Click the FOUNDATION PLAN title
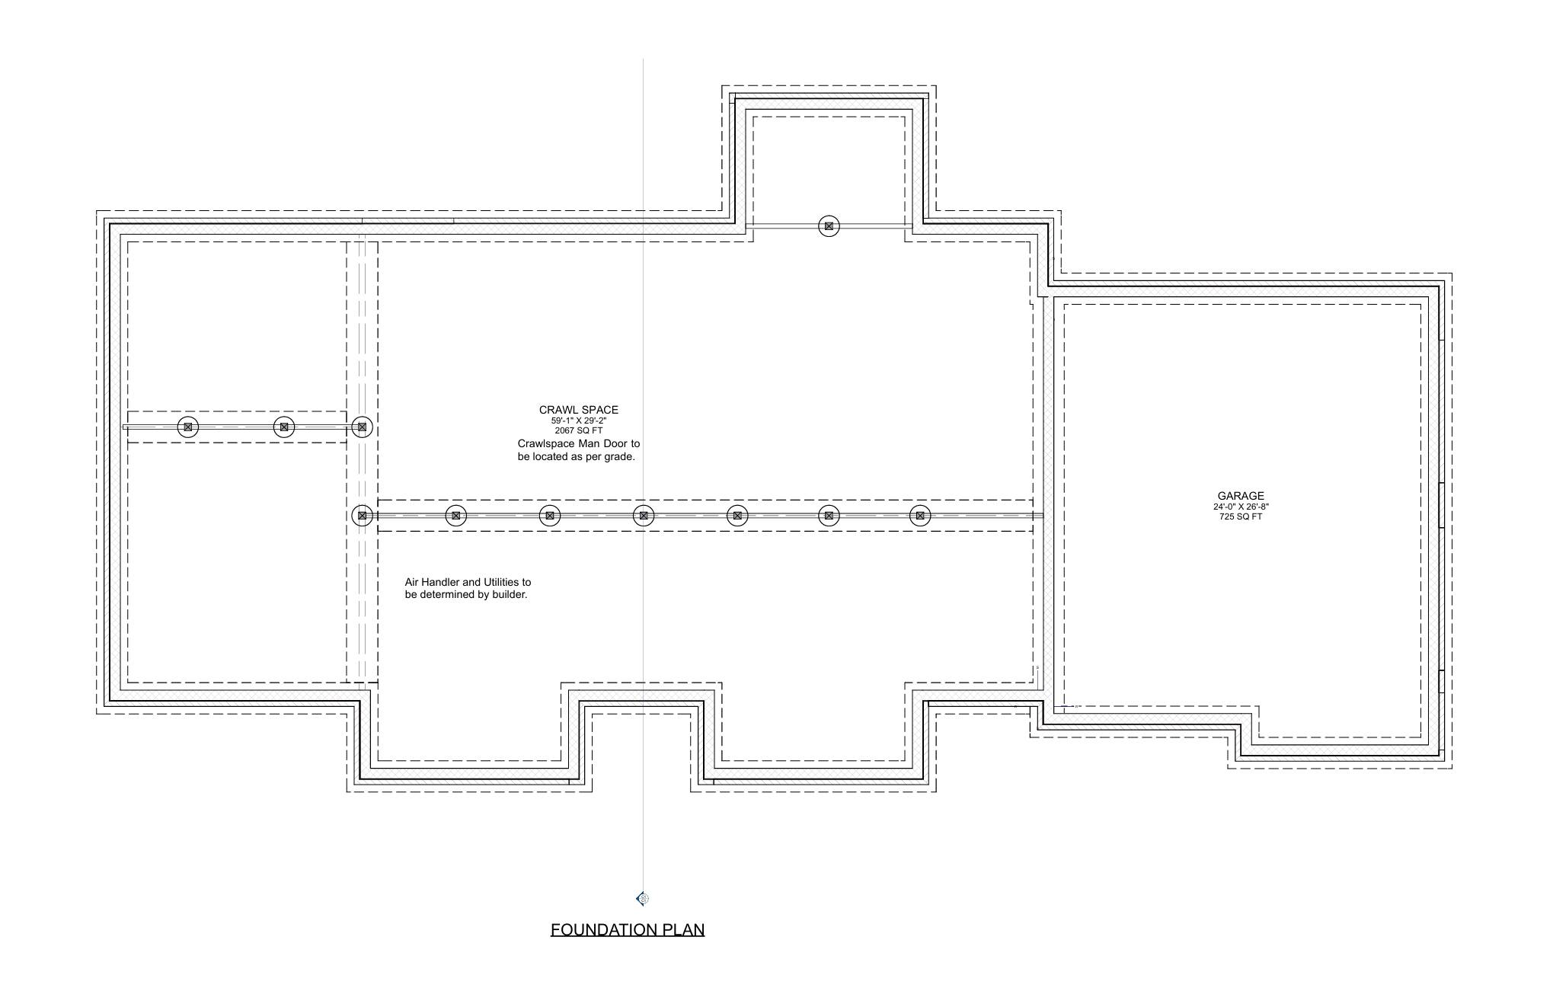point(627,929)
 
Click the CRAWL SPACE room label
point(578,410)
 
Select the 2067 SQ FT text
point(578,430)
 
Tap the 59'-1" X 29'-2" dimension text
point(578,420)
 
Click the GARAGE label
point(1240,496)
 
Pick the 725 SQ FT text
point(1240,516)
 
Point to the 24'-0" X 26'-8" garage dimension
point(1240,507)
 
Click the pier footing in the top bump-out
point(829,226)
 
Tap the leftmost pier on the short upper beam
point(188,427)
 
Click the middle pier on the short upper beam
point(284,427)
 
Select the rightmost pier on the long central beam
point(920,516)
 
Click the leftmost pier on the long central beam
point(362,516)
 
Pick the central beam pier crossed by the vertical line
point(644,516)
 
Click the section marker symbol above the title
point(643,899)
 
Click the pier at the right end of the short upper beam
point(362,427)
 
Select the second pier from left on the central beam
point(455,516)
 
